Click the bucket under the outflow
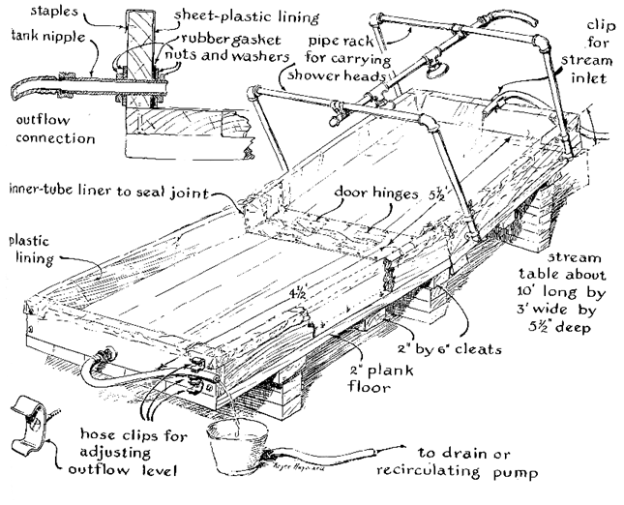[237, 446]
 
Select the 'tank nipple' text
[48, 36]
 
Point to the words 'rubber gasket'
[231, 40]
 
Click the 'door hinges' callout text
[375, 193]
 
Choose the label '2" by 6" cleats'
[449, 349]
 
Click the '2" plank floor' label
[381, 378]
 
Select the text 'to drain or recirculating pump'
[458, 462]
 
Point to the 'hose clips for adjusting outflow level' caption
[128, 452]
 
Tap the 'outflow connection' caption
[55, 130]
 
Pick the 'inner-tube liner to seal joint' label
[109, 191]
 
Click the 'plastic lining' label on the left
[31, 251]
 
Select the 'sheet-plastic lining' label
[247, 16]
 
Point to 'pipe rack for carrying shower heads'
[339, 58]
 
